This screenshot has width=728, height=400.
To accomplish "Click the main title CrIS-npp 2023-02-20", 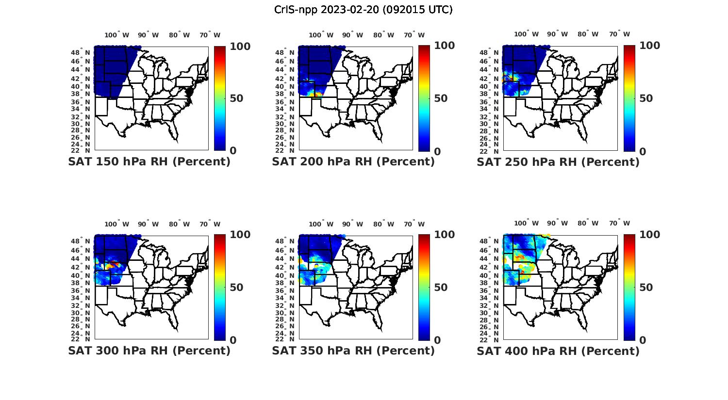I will [x=363, y=10].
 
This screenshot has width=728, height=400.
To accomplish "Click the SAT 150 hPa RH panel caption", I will [x=149, y=161].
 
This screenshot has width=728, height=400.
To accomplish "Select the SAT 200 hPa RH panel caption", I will [x=353, y=161].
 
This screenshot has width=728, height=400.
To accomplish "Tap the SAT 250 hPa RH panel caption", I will [x=558, y=161].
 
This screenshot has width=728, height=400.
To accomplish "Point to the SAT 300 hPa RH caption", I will [x=149, y=350].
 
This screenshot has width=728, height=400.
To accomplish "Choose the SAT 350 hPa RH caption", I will [x=353, y=350].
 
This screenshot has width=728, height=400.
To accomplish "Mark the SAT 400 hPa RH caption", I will [x=558, y=350].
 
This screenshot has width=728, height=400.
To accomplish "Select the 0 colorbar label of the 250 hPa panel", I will [x=643, y=151].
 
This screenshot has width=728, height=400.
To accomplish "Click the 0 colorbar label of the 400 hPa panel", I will [x=643, y=340].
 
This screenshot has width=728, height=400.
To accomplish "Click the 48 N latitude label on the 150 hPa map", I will [x=84, y=52].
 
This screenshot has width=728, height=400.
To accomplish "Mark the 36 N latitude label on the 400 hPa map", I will [x=493, y=290].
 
